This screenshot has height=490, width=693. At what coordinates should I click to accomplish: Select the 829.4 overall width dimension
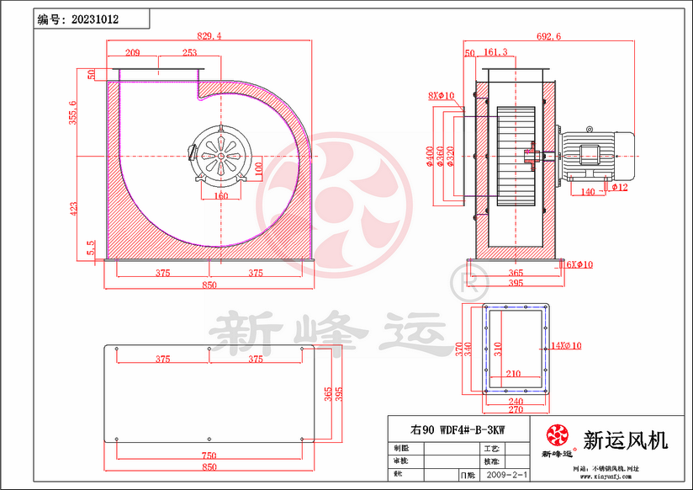(x=209, y=36)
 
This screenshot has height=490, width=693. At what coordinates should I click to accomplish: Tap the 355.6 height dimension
(x=73, y=113)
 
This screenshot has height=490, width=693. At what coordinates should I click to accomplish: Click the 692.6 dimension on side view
(x=548, y=36)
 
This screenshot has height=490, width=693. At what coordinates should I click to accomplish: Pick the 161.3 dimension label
(x=496, y=52)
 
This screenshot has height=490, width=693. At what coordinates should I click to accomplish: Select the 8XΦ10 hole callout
(x=441, y=96)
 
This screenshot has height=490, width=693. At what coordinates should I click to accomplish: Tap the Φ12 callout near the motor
(x=622, y=187)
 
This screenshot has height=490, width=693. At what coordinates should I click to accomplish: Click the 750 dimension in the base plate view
(x=209, y=455)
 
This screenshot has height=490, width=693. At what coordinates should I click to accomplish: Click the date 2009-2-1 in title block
(x=508, y=476)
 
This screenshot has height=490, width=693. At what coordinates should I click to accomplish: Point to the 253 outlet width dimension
(x=190, y=53)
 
